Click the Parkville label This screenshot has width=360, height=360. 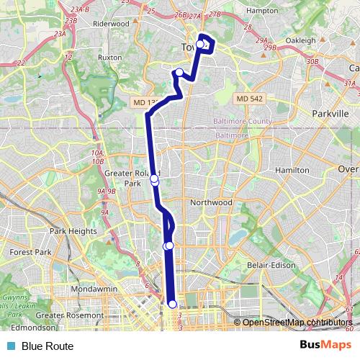point(330,114)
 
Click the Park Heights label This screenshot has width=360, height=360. point(73,231)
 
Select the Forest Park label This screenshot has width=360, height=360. point(31,253)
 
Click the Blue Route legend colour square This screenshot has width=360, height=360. point(10,346)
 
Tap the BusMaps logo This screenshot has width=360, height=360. point(326,346)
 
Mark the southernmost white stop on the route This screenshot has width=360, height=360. point(172,305)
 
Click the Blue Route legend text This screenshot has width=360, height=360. point(48,346)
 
